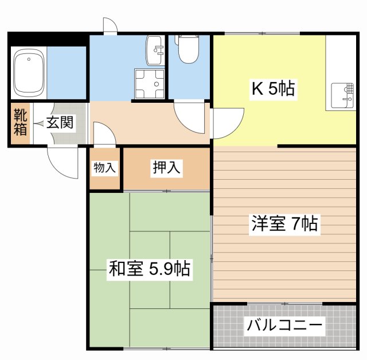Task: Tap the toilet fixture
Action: click(187, 51)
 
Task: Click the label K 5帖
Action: click(274, 89)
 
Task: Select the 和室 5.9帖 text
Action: click(150, 268)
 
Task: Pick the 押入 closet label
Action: click(166, 168)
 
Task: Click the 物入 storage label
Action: click(105, 168)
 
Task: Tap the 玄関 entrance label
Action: click(60, 123)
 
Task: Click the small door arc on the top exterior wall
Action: click(110, 25)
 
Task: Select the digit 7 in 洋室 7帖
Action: click(296, 223)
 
